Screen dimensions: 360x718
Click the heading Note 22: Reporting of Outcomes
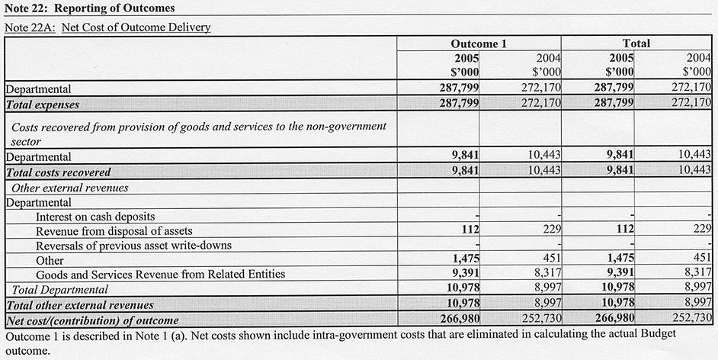pos(90,8)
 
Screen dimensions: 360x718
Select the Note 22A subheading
pos(107,27)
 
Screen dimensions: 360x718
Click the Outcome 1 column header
pos(478,43)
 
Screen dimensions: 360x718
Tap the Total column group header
pos(636,43)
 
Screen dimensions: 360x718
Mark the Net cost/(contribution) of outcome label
pos(92,320)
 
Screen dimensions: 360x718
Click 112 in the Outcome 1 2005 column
pos(468,230)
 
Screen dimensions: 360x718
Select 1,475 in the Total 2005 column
pos(616,260)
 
